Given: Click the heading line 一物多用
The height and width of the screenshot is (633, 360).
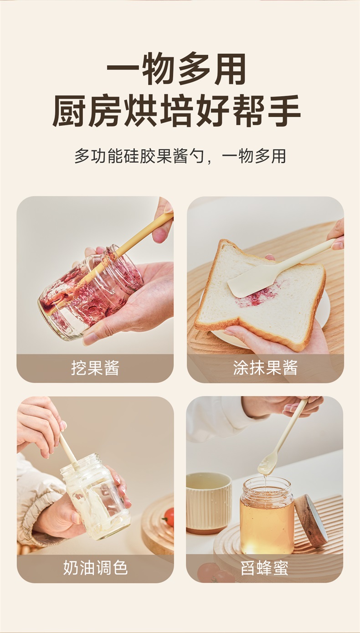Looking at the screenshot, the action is point(176,69).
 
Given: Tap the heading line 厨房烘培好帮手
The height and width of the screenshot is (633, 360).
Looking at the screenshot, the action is point(176,111).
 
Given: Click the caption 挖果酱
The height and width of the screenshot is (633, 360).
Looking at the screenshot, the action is point(95,368).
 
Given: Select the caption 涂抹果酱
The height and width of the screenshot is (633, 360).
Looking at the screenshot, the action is point(265,368).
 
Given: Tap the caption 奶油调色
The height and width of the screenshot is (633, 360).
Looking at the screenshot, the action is point(95,567).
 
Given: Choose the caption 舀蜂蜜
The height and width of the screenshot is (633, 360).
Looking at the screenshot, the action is point(264,568).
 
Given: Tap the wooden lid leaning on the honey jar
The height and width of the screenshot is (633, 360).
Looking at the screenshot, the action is point(311,520).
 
